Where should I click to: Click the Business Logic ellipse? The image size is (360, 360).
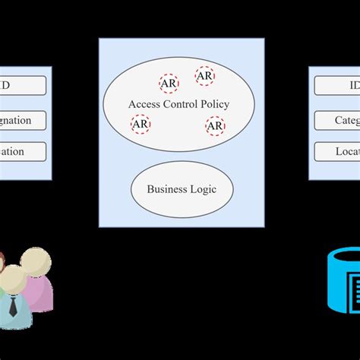182,188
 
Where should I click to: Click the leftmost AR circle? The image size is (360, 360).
141,123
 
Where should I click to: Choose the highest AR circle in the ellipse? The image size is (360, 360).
204,76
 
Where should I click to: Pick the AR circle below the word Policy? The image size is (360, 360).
216,125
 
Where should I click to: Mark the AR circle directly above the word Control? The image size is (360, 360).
169,84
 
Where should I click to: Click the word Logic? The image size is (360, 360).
202,188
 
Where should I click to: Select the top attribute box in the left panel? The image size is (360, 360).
23,86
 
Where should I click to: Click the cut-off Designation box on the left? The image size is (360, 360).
23,120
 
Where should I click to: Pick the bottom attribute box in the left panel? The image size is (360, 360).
23,151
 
